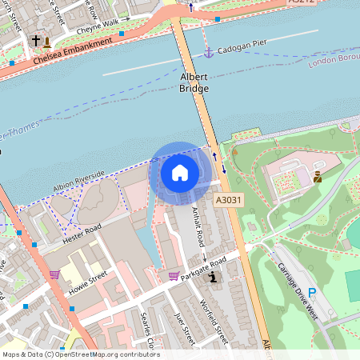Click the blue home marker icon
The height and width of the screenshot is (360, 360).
(x=180, y=172)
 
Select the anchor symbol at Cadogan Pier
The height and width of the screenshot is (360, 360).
(x=208, y=52)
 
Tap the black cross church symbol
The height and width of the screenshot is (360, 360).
(x=34, y=40)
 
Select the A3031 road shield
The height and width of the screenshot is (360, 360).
(x=227, y=199)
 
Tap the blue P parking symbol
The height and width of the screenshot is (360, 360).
(x=312, y=294)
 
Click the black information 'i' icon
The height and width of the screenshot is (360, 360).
(x=213, y=278)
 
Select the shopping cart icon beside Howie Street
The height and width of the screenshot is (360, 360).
(x=54, y=274)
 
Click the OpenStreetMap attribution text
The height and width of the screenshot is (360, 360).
(x=80, y=354)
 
